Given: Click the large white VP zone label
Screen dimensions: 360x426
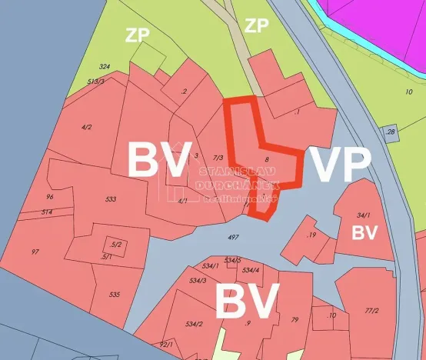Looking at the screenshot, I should pyautogui.click(x=340, y=164).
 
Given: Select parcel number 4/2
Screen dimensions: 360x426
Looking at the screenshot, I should pyautogui.click(x=86, y=127).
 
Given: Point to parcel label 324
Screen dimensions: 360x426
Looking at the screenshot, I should pyautogui.click(x=105, y=67).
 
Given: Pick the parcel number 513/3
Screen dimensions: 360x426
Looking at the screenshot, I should pyautogui.click(x=96, y=81).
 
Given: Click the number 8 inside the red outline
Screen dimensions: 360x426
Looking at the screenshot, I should pyautogui.click(x=266, y=160).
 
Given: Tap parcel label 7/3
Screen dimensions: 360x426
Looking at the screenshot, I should pyautogui.click(x=218, y=158).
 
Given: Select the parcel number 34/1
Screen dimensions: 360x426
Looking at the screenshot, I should pyautogui.click(x=364, y=216).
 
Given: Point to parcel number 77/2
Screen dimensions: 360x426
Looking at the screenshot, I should pyautogui.click(x=371, y=311).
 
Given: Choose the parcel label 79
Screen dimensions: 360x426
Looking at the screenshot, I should pyautogui.click(x=295, y=319).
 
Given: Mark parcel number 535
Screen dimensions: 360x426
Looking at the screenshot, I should pyautogui.click(x=115, y=294).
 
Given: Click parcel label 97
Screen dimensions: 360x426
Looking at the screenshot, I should pyautogui.click(x=35, y=252).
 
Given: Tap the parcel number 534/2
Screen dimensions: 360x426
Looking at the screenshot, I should pyautogui.click(x=194, y=324).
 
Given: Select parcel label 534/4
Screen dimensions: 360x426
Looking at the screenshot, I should pyautogui.click(x=251, y=270).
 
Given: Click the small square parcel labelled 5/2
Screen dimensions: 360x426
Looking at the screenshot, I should pyautogui.click(x=116, y=245).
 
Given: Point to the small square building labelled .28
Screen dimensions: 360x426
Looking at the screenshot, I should pyautogui.click(x=391, y=132).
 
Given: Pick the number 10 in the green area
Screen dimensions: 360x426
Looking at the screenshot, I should pyautogui.click(x=408, y=92).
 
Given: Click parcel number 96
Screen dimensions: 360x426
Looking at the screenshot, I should pyautogui.click(x=49, y=197).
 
